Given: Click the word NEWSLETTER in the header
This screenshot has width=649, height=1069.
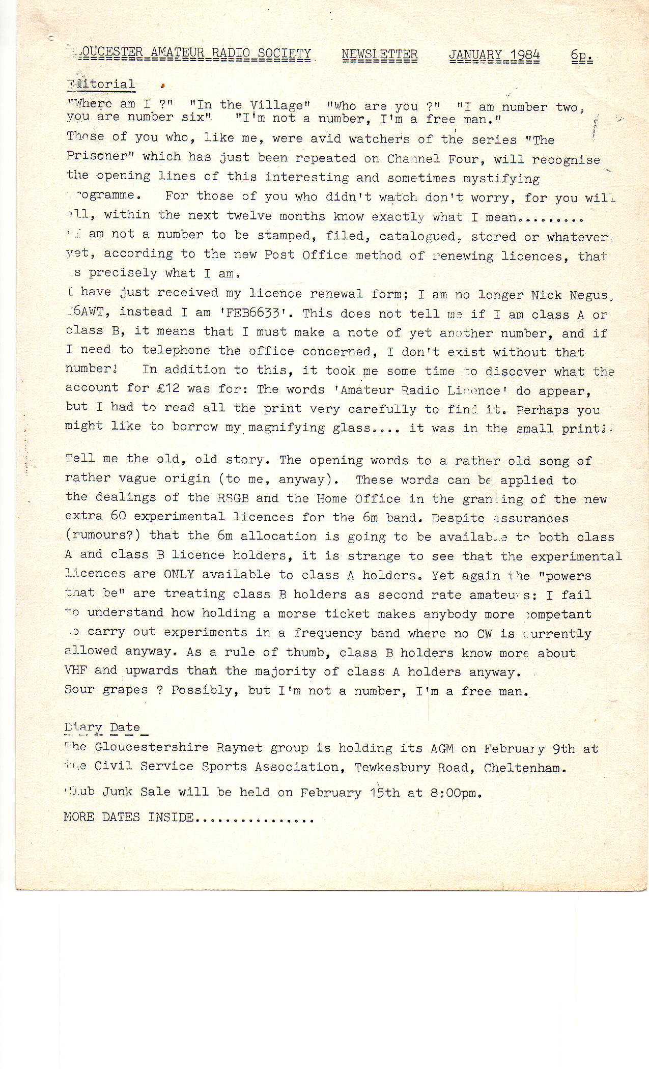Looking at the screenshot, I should pos(380,54).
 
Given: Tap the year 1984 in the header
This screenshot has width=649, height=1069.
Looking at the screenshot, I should pos(525,55).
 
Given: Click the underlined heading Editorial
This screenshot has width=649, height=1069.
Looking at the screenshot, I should pos(101,84).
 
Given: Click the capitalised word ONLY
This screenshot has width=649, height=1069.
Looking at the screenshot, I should pos(179,574).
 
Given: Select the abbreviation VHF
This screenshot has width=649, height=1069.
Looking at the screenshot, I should pos(76,670).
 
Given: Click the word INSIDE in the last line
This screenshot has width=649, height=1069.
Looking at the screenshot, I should pos(171,818).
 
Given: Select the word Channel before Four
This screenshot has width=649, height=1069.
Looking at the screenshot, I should pos(414,158).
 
